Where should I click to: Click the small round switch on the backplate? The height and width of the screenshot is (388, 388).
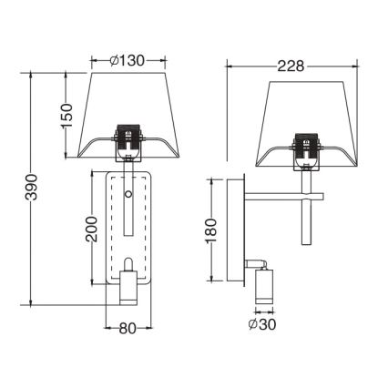click(128, 194)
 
